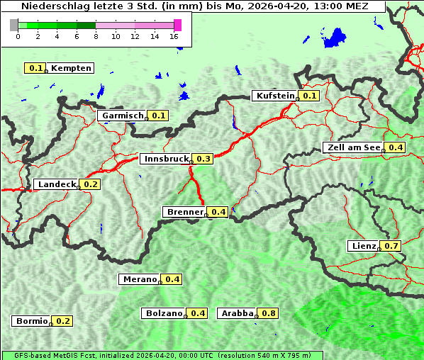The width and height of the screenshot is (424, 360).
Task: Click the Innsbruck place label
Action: coord(165,159)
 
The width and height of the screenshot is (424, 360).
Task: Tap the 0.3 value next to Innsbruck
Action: coord(203,159)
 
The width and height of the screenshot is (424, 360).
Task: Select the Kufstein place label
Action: coord(274,96)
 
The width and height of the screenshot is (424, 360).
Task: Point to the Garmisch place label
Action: coord(122,116)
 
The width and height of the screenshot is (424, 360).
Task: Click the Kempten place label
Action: coord(71,68)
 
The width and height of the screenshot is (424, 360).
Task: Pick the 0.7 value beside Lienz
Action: coord(392,246)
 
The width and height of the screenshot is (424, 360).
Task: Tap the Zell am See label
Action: coord(352,147)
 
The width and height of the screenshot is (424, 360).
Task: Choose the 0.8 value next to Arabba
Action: coord(268,313)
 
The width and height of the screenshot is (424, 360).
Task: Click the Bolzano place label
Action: coord(164,313)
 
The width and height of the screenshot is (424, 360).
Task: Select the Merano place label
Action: coord(139,279)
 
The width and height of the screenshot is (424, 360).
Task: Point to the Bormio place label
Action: coord(31,321)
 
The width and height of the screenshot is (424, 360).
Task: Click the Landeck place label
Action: coord(57,184)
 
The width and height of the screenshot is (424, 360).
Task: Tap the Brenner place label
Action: coord(184,212)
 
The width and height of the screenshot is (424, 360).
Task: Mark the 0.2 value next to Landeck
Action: coord(91,184)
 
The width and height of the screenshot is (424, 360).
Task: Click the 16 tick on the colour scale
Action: coord(174,36)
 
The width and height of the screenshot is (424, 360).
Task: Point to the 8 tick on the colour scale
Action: coord(96,36)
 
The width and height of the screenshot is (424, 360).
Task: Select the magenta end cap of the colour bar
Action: coord(177,25)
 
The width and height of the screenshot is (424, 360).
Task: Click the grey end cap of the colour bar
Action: coord(14,25)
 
